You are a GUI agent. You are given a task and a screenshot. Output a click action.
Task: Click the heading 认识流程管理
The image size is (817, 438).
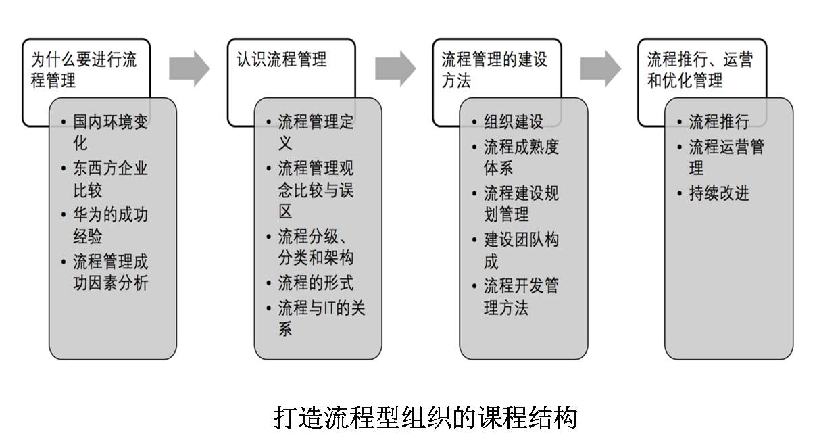pyautogui.click(x=281, y=59)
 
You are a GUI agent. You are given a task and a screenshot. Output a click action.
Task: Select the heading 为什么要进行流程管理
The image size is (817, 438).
pyautogui.click(x=84, y=70)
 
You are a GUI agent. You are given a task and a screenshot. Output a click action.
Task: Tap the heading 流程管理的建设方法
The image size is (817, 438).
pyautogui.click(x=494, y=70)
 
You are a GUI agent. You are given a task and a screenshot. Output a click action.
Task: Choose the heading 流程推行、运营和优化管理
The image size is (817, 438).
pyautogui.click(x=700, y=70)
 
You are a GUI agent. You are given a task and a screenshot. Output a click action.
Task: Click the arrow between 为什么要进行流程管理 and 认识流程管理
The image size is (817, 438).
pyautogui.click(x=189, y=68)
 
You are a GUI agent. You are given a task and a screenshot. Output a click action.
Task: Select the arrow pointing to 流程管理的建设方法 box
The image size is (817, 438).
pyautogui.click(x=395, y=68)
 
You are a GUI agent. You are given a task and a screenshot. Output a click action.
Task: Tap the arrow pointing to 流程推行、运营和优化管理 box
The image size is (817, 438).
pyautogui.click(x=601, y=68)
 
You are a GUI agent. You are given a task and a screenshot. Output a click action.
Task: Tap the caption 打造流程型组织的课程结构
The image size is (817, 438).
pyautogui.click(x=425, y=418)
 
